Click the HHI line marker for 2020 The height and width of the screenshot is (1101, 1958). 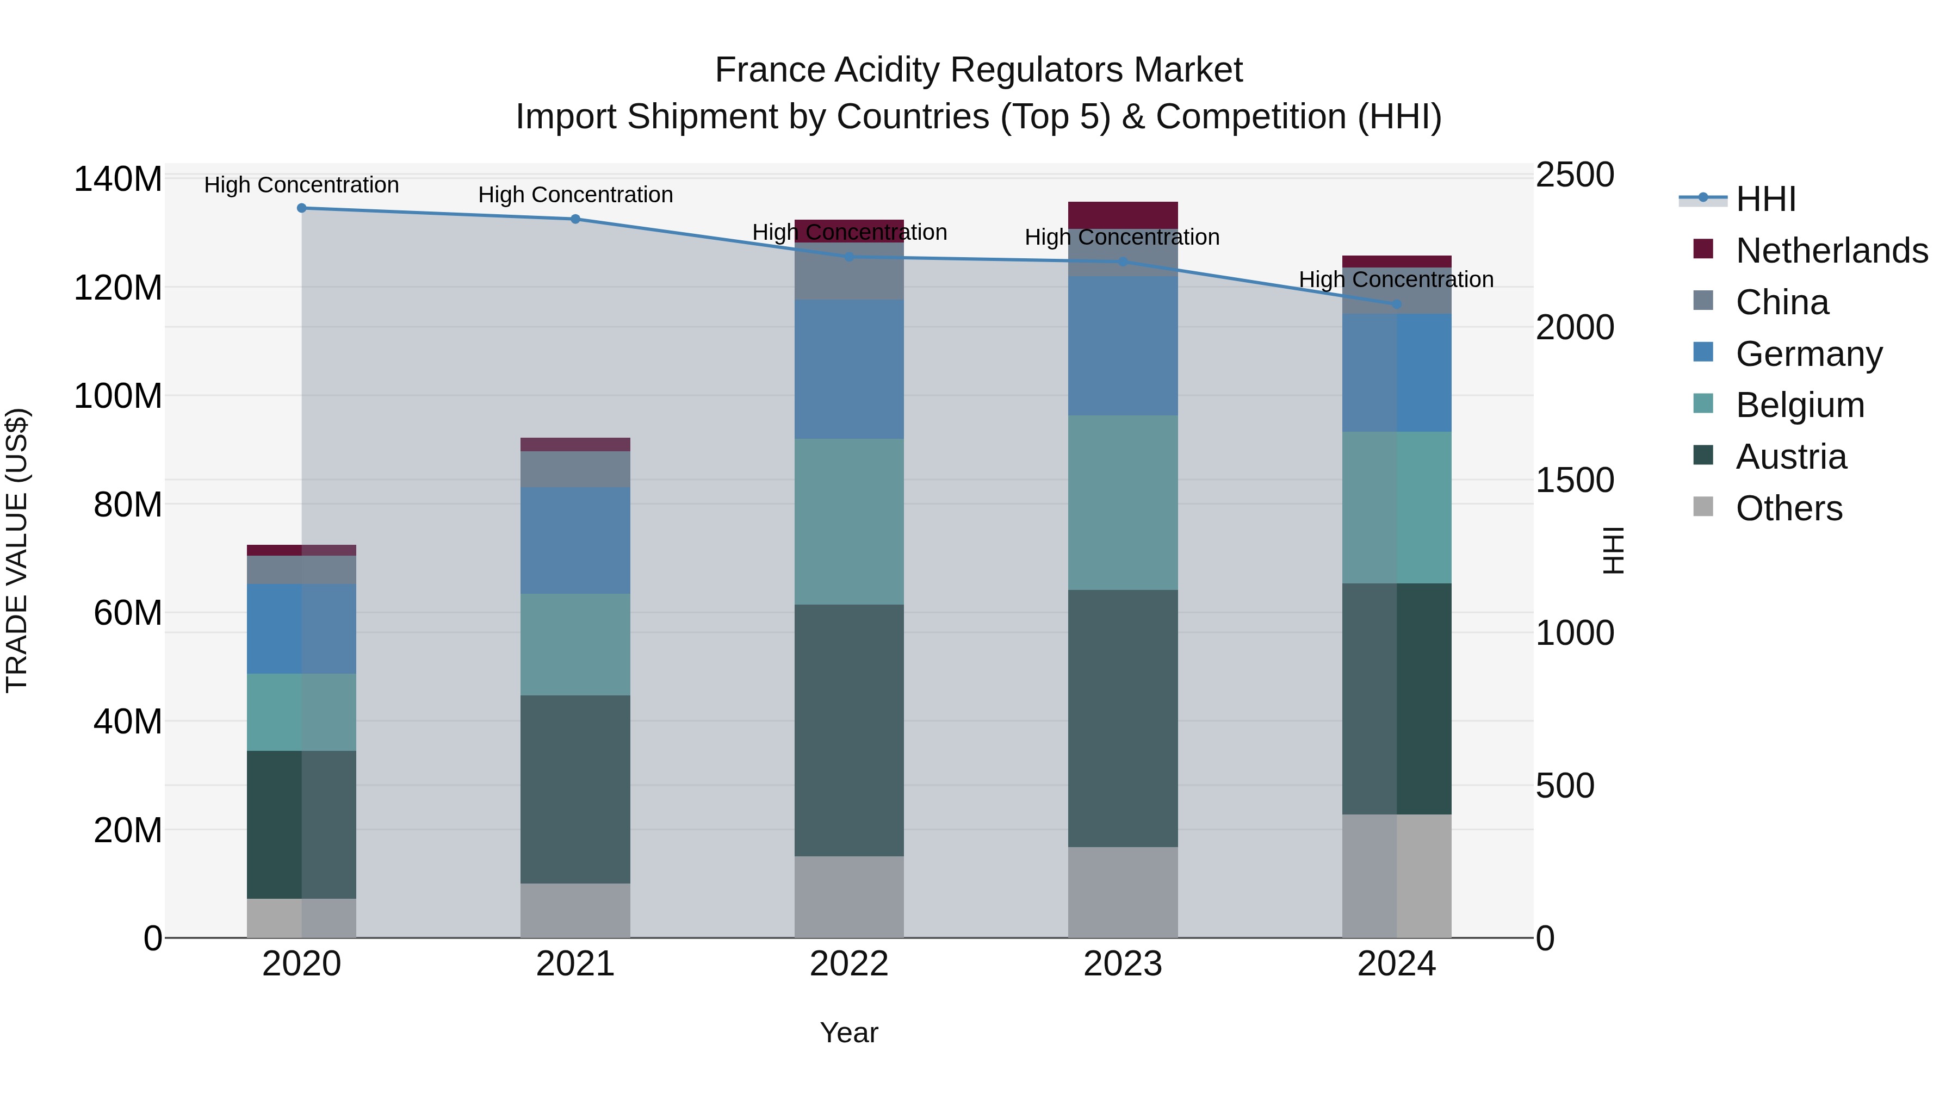[x=302, y=208]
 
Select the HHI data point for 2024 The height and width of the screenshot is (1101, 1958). [x=1396, y=304]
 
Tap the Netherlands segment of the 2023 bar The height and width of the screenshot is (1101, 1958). [x=1123, y=214]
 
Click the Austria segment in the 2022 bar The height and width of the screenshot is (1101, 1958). [x=849, y=730]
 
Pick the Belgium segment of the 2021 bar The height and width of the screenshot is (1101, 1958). [x=575, y=644]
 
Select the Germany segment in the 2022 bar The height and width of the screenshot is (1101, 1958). [x=849, y=369]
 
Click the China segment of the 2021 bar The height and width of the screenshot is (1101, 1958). [x=575, y=469]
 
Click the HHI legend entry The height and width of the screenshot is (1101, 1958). [x=1765, y=199]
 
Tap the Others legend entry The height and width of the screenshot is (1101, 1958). [x=1788, y=508]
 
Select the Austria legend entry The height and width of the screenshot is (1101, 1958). [x=1790, y=456]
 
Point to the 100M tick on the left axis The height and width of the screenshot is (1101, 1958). [x=118, y=396]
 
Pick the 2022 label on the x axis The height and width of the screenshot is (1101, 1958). [x=849, y=964]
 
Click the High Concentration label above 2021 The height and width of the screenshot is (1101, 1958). [x=575, y=195]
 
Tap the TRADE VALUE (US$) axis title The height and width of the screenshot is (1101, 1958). [x=17, y=550]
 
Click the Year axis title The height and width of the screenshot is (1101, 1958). [x=849, y=1032]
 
